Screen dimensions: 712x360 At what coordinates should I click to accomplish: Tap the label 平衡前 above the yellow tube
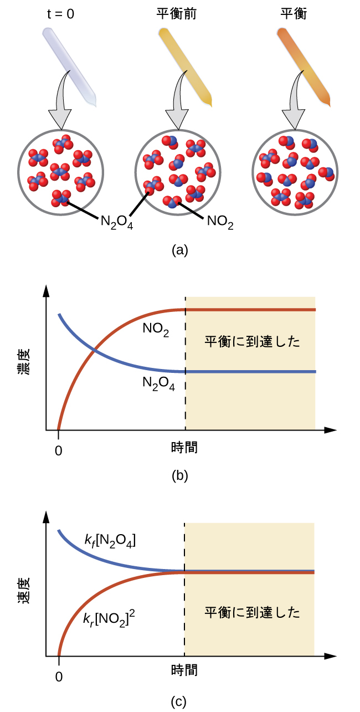177,14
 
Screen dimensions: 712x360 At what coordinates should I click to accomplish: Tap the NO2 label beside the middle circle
220,222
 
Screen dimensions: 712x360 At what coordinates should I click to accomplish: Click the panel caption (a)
180,250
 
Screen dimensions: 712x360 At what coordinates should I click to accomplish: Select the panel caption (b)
180,475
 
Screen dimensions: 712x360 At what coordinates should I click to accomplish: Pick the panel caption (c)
180,702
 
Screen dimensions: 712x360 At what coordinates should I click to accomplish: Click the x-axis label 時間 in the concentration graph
184,447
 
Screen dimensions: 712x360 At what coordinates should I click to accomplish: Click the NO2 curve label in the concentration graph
156,329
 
